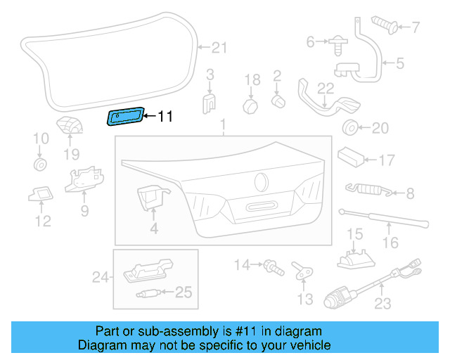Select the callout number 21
pos(220,48)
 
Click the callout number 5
pos(399,63)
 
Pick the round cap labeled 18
pos(252,105)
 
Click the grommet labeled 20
pos(348,128)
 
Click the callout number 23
pos(382,304)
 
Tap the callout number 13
pos(304,300)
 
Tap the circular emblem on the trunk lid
pos(262,181)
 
